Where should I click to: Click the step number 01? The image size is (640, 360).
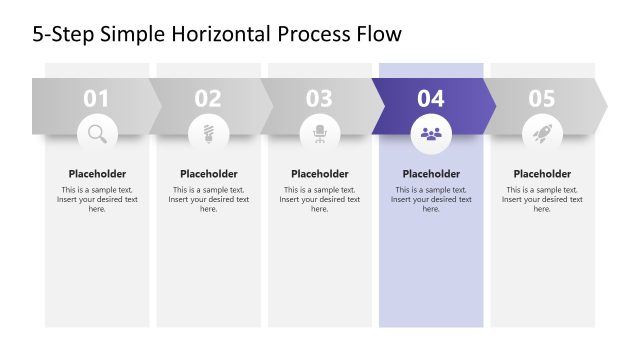click(x=97, y=98)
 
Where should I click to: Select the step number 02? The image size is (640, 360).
click(x=208, y=98)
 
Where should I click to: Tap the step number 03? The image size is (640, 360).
click(x=319, y=98)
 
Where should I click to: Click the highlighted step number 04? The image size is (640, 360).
click(x=431, y=98)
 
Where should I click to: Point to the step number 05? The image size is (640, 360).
click(x=542, y=98)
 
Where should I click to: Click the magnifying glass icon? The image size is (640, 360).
click(x=97, y=132)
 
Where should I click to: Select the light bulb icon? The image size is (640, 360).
click(x=208, y=132)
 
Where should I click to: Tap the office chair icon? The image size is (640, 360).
click(x=319, y=132)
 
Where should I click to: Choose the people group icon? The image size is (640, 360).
click(x=431, y=132)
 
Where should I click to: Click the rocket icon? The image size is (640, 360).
click(x=542, y=132)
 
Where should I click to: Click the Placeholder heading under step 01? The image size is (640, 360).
click(x=97, y=174)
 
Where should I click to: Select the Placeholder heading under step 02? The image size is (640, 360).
click(x=208, y=174)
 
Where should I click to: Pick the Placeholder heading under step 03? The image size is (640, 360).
click(x=319, y=174)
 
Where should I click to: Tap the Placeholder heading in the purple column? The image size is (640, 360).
click(x=431, y=174)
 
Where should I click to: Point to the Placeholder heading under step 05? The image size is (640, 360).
click(x=542, y=174)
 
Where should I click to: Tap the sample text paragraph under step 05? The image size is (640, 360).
click(x=542, y=199)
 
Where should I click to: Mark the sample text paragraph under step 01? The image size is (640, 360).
click(x=97, y=199)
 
